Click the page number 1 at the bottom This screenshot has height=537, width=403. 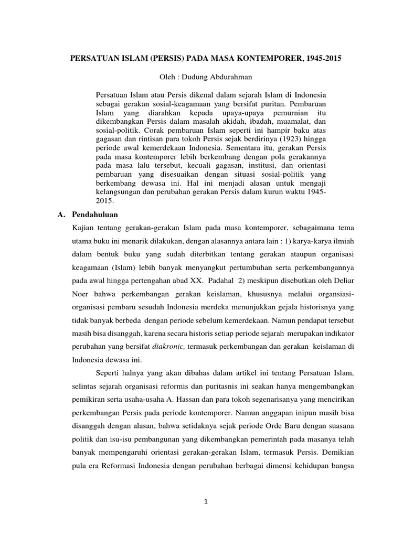[206, 501]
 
